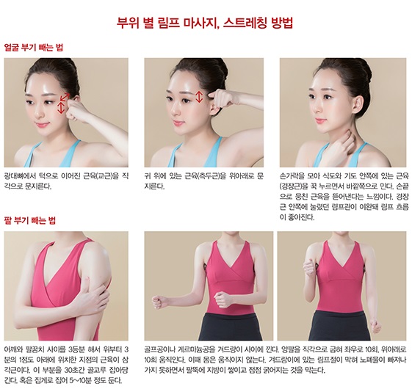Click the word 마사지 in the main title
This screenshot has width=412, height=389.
click(x=201, y=23)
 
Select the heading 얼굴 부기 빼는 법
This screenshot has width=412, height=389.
click(x=34, y=48)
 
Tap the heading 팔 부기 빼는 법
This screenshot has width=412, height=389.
click(x=30, y=220)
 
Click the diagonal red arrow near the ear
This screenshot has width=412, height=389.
click(x=65, y=97)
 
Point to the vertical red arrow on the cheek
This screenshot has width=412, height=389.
click(x=61, y=108)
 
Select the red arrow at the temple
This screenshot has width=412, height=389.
click(x=199, y=97)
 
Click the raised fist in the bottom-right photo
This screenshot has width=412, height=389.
click(x=308, y=269)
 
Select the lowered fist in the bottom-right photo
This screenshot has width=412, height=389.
click(x=375, y=326)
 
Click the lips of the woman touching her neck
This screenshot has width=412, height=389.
click(x=320, y=120)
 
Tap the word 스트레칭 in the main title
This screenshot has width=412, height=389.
click(x=246, y=23)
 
